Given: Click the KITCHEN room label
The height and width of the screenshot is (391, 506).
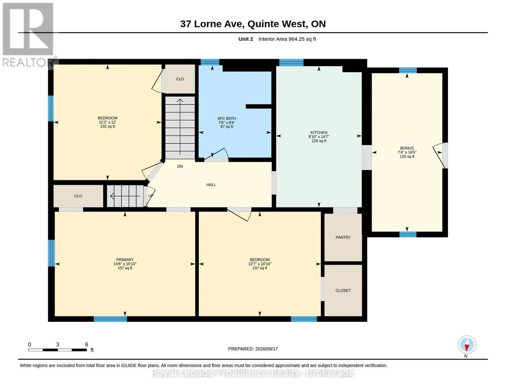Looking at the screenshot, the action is (x=319, y=132).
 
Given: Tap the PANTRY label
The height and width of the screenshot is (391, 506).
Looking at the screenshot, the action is (x=343, y=237).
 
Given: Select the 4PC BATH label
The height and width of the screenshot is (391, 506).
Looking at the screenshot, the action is (x=226, y=118).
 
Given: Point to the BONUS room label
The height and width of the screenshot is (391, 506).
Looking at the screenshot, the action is (x=407, y=148).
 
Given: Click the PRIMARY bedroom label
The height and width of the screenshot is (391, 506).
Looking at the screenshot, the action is (x=125, y=259).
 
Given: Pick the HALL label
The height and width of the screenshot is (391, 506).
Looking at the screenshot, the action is (x=211, y=185).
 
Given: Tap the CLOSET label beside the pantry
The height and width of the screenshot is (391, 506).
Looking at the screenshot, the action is (x=343, y=290).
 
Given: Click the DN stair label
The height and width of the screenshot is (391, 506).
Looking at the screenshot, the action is (x=180, y=166).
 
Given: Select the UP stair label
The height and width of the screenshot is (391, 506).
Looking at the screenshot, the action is (x=151, y=195).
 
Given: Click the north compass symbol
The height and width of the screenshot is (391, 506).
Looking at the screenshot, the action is (x=467, y=345).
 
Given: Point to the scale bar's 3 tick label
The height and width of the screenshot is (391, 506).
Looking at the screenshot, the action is (x=58, y=344).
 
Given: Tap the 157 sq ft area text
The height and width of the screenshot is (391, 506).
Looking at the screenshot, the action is (x=125, y=268).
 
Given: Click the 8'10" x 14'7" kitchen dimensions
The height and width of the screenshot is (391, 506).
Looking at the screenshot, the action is (x=319, y=137).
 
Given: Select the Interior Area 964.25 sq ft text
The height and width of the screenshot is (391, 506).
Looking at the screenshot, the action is (x=287, y=39).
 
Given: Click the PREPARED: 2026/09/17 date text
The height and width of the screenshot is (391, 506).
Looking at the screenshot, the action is (x=253, y=349).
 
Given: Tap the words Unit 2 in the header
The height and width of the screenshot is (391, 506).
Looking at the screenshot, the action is (x=245, y=39).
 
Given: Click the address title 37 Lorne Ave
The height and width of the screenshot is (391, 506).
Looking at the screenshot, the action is (x=212, y=24).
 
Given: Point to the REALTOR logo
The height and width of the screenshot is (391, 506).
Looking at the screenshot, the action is (x=28, y=35).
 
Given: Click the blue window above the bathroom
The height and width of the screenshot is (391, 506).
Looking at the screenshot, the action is (x=210, y=62).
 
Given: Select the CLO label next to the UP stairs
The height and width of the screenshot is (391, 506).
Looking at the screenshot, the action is (x=78, y=196).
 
